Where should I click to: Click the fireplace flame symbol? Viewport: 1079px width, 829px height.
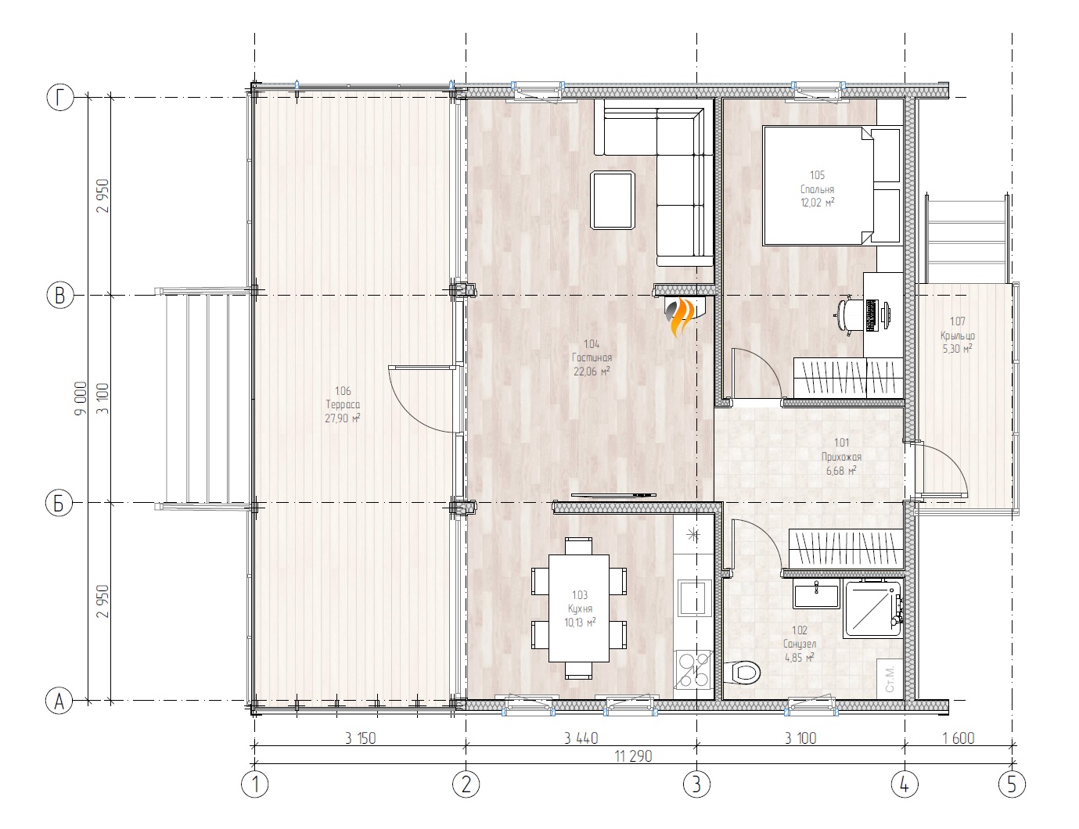pos(679,314)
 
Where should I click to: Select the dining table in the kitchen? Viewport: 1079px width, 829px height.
pos(578,607)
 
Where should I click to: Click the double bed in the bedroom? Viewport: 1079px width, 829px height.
pos(818,186)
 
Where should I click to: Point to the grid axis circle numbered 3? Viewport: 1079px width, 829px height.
pos(696,784)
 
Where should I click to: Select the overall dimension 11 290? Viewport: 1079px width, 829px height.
pos(633,756)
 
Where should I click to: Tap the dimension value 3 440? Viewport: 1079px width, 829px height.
pos(581,737)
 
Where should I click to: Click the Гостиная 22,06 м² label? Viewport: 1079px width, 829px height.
pos(592,357)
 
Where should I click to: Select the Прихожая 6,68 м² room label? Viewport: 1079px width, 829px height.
pos(841,457)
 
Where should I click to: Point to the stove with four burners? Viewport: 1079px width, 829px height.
pos(693,670)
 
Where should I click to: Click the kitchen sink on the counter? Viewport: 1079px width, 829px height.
pos(693,598)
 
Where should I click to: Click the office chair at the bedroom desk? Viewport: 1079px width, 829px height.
pos(848,316)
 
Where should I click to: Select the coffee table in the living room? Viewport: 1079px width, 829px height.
pos(613,200)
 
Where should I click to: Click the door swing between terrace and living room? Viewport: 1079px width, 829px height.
pos(419,397)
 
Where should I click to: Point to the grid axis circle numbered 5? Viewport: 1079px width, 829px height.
pos(1011,784)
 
